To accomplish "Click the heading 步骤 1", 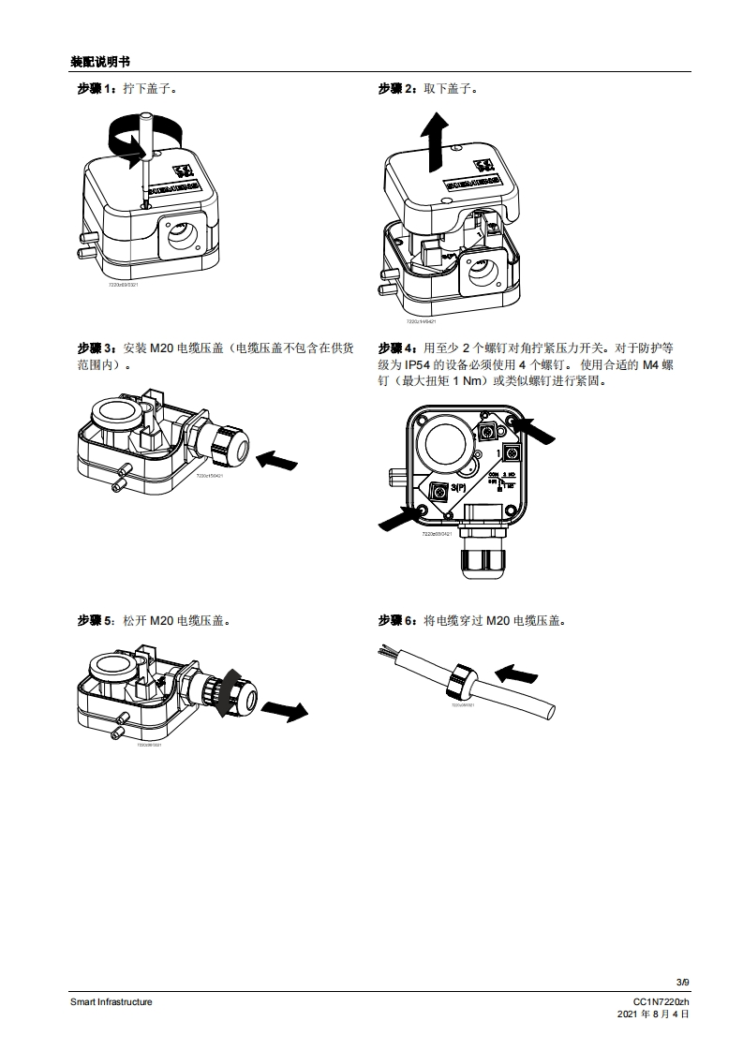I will point(96,89).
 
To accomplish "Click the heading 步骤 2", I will point(397,89).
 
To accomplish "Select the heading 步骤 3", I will point(96,348).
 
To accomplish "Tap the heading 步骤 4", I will point(397,348).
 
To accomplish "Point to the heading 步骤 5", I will point(96,620).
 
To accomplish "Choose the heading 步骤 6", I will point(397,620).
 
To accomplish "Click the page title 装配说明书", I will point(99,62).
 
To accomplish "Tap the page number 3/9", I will point(682,982).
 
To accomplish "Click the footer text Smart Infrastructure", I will point(111,1001).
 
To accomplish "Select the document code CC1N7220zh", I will point(661,1001).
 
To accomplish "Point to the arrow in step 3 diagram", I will point(276,459).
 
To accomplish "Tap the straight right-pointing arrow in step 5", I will point(284,710).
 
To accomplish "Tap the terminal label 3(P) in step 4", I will point(461,489).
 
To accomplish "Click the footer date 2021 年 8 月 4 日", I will point(653,1014).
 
